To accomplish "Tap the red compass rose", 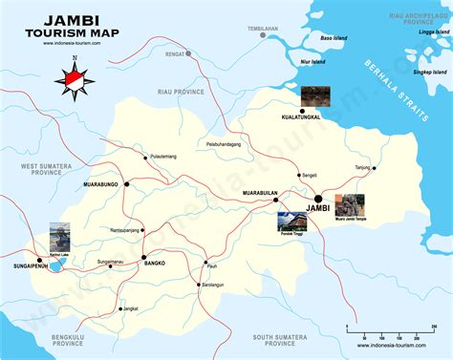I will pyautogui.click(x=77, y=76).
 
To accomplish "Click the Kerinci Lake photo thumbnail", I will pyautogui.click(x=60, y=235).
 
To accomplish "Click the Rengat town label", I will pyautogui.click(x=173, y=54).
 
